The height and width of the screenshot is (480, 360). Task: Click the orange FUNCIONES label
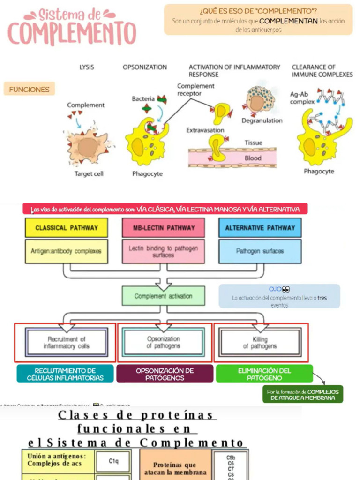click(29, 89)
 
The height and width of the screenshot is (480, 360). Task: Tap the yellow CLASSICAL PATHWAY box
click(67, 228)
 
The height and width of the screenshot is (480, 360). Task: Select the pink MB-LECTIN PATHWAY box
click(163, 228)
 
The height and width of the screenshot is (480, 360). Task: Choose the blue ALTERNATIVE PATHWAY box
click(260, 228)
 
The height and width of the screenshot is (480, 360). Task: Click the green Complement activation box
click(163, 296)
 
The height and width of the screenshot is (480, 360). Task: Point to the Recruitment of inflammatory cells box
click(67, 343)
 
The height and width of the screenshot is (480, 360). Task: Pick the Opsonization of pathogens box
click(163, 343)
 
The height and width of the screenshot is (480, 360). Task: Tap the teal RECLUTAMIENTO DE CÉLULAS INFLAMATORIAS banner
click(65, 374)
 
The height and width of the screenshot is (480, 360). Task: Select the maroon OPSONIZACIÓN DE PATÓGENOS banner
click(165, 374)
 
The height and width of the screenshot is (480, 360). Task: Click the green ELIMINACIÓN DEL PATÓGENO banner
click(264, 374)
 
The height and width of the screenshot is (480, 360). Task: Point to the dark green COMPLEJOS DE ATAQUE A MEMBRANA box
click(302, 395)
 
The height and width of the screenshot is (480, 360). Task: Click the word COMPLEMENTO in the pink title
click(71, 34)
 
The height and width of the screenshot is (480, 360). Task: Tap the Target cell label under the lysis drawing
click(89, 174)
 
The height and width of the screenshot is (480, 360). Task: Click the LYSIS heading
click(87, 67)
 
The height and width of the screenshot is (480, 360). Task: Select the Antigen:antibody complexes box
click(66, 251)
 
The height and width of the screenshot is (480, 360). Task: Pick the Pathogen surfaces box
click(260, 251)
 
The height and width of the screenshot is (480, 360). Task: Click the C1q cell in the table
click(113, 461)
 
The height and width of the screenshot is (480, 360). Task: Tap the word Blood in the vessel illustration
click(253, 158)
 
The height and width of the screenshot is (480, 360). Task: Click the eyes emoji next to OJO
click(286, 289)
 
